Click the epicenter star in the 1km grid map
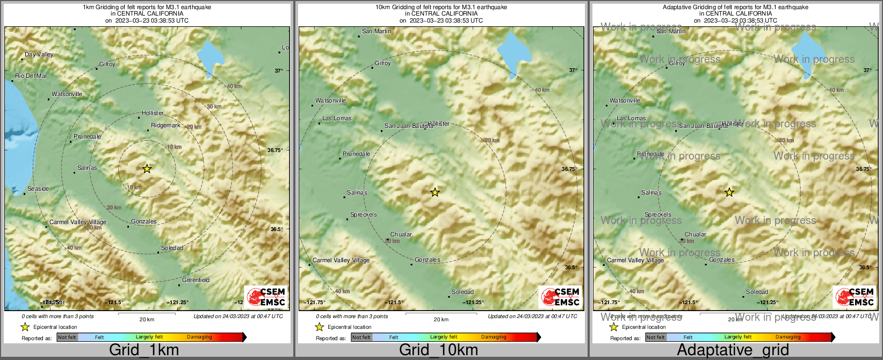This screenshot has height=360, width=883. click(x=147, y=169)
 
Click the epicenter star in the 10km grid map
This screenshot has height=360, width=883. click(x=435, y=192)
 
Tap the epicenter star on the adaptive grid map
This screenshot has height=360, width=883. click(x=729, y=192)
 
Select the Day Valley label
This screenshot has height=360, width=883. click(x=39, y=54)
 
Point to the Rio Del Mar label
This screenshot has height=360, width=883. click(x=31, y=76)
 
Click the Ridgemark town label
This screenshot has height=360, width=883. click(x=165, y=125)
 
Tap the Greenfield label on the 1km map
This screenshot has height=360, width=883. click(x=196, y=280)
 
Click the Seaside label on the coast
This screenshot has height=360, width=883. click(x=38, y=189)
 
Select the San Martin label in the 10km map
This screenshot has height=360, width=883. click(x=377, y=31)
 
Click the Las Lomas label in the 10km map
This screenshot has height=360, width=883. click(x=337, y=118)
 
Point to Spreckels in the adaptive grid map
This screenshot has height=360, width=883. click(x=657, y=214)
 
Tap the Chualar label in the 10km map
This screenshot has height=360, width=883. click(x=401, y=234)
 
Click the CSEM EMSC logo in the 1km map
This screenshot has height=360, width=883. click(x=266, y=297)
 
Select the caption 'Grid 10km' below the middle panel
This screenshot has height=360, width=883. click(x=438, y=350)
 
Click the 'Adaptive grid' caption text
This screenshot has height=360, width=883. click(x=733, y=350)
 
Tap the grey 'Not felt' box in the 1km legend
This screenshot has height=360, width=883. click(x=67, y=337)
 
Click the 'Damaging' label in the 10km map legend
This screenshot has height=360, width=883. click(x=494, y=337)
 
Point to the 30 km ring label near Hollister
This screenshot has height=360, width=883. click(x=214, y=106)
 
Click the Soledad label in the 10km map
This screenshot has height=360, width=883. click(x=462, y=292)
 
